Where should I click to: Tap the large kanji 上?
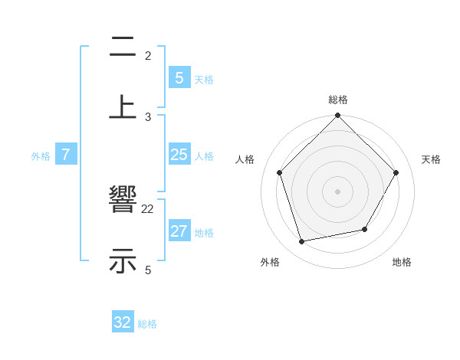123,106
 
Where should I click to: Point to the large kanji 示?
123,260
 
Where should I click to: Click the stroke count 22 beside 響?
148,208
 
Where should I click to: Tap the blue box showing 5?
179,77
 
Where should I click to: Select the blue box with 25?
179,155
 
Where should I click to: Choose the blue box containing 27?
179,231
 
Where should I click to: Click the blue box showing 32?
123,322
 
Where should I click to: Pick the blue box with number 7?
66,155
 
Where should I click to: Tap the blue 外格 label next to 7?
41,156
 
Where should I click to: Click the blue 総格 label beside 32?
147,324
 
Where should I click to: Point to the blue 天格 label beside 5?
204,79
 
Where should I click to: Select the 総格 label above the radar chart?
338,100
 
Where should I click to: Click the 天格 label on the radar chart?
431,159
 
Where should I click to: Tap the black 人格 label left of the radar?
245,159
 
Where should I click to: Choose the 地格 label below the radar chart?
402,262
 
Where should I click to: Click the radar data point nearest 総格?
338,116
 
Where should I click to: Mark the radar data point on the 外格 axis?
302,241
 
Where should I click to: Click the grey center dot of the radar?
338,191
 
